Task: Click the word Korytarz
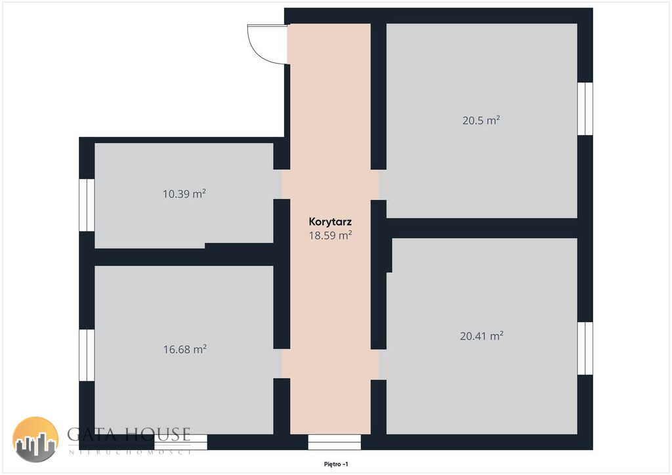330,222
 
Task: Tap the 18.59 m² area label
331,235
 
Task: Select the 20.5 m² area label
481,120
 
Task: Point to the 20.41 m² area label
481,336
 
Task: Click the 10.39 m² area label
184,194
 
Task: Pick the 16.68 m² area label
184,349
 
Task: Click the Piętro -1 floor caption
336,464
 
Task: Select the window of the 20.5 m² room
585,109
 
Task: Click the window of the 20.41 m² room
585,348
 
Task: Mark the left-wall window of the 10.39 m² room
87,205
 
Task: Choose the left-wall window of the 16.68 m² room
87,355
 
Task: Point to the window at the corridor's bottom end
334,442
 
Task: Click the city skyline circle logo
35,440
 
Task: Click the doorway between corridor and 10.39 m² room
282,184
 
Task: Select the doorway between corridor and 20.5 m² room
379,185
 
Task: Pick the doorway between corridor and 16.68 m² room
282,363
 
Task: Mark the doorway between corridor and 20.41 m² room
379,365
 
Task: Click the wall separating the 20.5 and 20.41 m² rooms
482,228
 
